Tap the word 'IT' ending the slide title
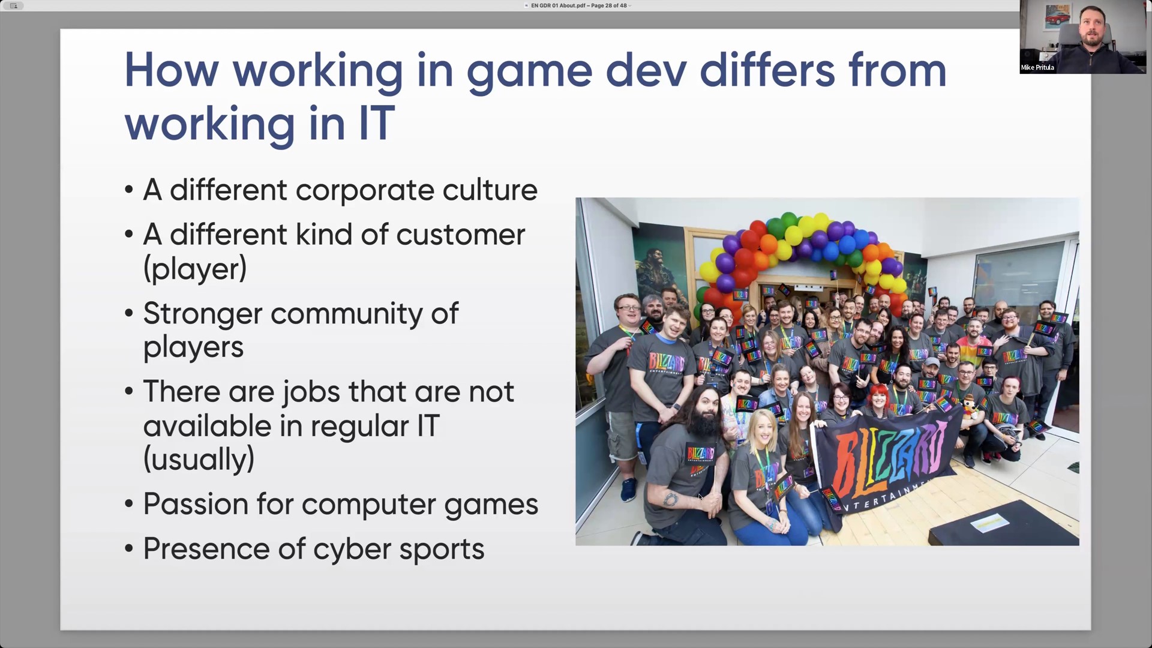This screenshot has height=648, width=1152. click(x=377, y=123)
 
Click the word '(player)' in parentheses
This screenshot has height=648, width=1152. click(x=195, y=269)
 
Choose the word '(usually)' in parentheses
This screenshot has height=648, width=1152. click(x=199, y=460)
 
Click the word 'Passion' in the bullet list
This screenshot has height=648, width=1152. click(x=196, y=504)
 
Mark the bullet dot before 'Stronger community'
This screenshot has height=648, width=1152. click(x=128, y=313)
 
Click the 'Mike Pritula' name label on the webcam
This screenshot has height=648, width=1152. click(x=1037, y=68)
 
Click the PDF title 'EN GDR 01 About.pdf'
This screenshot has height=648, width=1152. click(x=558, y=5)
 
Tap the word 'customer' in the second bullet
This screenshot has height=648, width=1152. click(x=460, y=235)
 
